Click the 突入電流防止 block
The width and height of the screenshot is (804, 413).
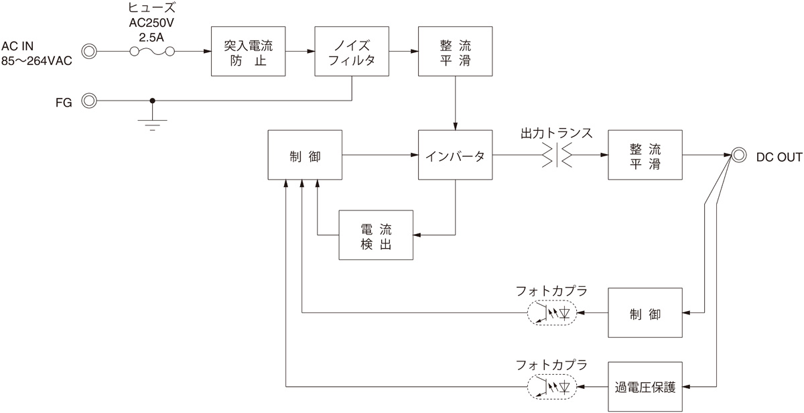click(x=248, y=51)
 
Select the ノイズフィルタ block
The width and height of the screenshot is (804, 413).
click(x=353, y=51)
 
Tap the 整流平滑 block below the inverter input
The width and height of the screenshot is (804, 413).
click(x=456, y=51)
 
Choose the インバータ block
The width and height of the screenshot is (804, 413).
click(x=456, y=155)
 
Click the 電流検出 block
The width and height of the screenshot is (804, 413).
click(x=376, y=235)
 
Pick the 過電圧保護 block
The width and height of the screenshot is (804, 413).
click(x=645, y=387)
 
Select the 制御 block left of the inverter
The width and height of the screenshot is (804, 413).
click(x=305, y=155)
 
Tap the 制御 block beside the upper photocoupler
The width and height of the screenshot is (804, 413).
click(x=645, y=313)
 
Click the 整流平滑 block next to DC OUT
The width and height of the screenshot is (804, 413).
click(x=645, y=155)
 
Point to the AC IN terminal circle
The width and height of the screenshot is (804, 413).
click(x=89, y=51)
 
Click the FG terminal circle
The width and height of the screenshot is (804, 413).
click(x=89, y=101)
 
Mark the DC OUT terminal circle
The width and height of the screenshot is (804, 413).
click(x=738, y=155)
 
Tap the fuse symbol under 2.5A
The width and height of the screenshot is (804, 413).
click(x=153, y=52)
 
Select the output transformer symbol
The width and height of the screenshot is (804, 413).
click(x=557, y=155)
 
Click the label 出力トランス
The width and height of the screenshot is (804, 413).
click(x=557, y=133)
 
